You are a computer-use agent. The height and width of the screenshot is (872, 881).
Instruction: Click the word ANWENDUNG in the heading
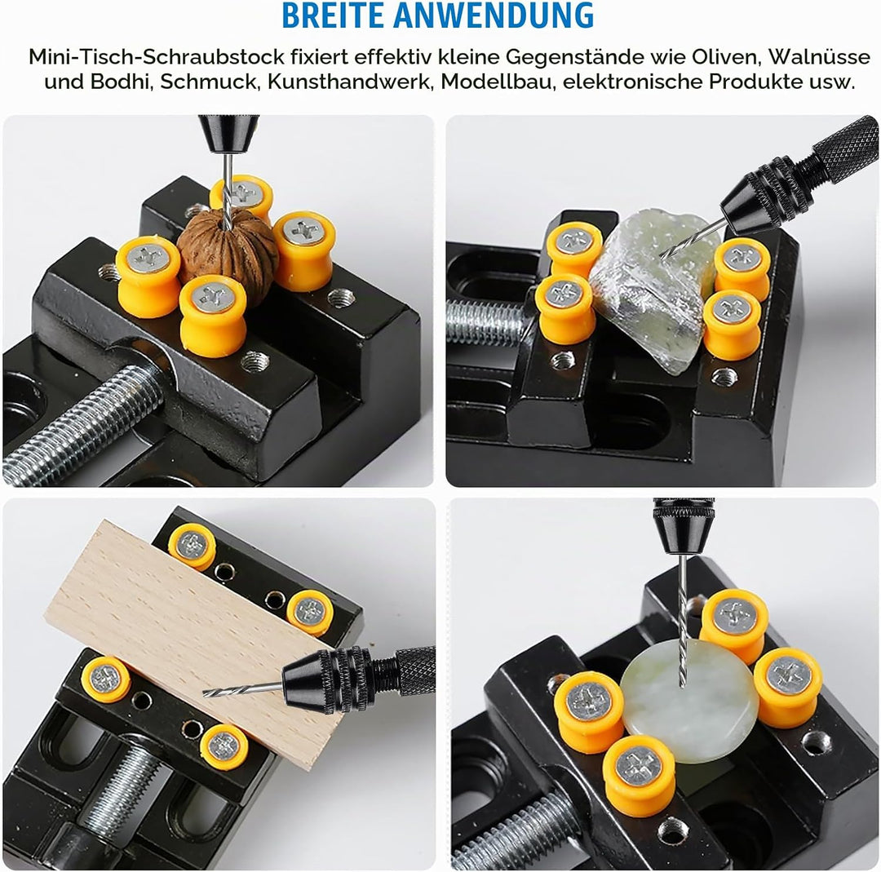[494, 15]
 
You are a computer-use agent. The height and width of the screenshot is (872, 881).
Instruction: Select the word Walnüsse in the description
[819, 57]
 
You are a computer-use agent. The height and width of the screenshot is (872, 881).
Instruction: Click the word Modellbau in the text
[497, 82]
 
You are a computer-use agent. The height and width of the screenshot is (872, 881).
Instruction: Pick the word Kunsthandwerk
[348, 82]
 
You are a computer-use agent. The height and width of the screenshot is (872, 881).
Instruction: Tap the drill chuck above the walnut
[228, 135]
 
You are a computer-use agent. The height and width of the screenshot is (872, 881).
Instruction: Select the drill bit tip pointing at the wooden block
[204, 693]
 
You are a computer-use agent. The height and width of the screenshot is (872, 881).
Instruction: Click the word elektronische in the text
[630, 82]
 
